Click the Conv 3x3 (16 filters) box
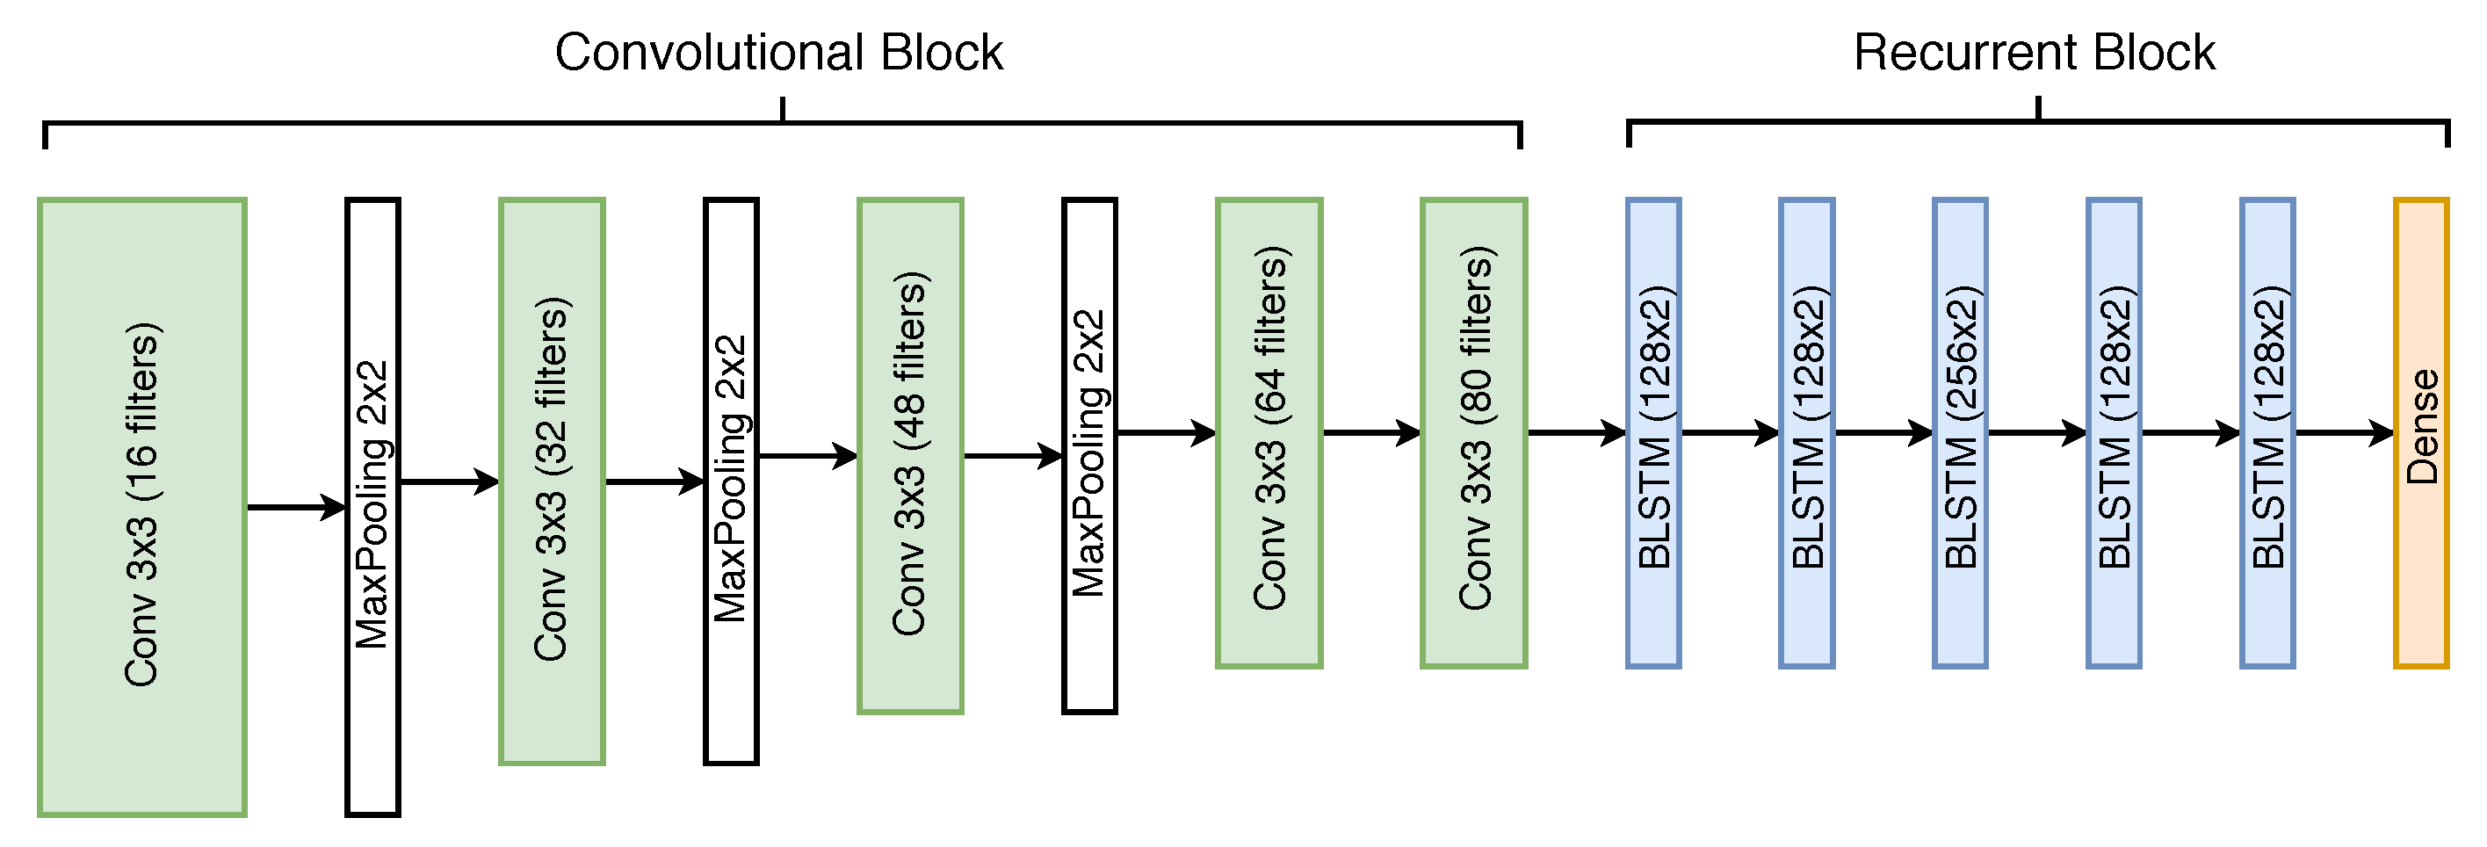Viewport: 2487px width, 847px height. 142,507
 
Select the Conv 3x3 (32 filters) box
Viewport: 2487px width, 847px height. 552,481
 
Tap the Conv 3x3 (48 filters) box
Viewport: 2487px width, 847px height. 909,456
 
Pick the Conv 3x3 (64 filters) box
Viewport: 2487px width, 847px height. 1269,432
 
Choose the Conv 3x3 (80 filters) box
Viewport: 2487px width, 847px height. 1473,432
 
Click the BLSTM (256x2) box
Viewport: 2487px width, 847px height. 1960,432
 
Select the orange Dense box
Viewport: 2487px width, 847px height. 2420,432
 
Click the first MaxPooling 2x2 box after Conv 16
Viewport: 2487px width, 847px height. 372,507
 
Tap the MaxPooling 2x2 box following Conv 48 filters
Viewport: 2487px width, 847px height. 1089,456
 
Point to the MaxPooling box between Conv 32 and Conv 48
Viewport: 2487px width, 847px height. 731,481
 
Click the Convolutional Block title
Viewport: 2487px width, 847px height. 778,52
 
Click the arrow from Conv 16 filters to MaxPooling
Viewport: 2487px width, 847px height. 295,506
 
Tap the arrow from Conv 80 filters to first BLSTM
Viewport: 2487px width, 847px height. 1576,432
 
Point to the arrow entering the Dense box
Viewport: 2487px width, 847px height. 2343,432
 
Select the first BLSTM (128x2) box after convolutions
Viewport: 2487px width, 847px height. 1652,432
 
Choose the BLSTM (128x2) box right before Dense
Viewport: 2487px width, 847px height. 2266,432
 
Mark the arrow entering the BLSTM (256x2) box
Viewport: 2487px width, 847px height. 1883,432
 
